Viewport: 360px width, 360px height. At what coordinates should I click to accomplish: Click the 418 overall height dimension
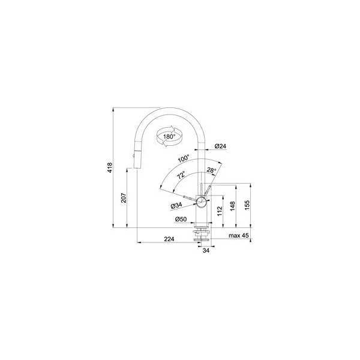click(x=110, y=167)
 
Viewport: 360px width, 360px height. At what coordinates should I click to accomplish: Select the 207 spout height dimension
click(x=124, y=197)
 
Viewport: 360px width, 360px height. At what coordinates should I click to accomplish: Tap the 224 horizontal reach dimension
click(x=169, y=239)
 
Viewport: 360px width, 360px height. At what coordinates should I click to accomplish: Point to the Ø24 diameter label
click(x=220, y=146)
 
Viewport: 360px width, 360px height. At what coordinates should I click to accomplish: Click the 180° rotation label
click(x=169, y=137)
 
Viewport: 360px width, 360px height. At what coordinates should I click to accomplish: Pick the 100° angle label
click(x=184, y=158)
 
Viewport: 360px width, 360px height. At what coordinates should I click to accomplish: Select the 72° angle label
click(x=181, y=175)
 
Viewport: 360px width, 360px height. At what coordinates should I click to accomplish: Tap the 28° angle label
click(x=211, y=170)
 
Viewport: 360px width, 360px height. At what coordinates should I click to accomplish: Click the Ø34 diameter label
click(x=176, y=205)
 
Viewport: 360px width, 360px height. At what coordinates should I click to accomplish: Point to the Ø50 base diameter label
click(x=181, y=219)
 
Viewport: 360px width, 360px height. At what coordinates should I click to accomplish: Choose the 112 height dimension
click(x=220, y=211)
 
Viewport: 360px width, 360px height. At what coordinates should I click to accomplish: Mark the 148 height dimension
click(x=233, y=206)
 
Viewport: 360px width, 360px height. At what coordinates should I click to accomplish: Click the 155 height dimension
click(x=247, y=205)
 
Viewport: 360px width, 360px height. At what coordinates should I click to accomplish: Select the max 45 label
click(x=239, y=236)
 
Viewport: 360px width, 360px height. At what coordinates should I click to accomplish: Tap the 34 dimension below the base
click(x=206, y=250)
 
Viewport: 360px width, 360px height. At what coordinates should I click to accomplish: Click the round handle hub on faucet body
click(x=202, y=202)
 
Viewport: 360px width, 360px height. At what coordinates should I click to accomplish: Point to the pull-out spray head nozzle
click(x=137, y=160)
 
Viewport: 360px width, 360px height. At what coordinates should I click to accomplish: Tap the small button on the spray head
click(x=133, y=156)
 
